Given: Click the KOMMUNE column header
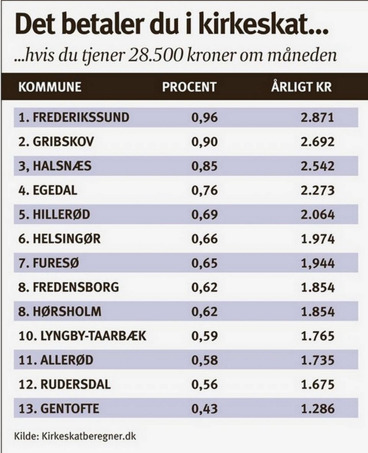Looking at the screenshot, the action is [50, 87].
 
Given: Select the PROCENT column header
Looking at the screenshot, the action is [189, 87].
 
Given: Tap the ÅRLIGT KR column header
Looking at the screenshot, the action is [301, 87].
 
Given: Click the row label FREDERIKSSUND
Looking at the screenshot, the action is [81, 117].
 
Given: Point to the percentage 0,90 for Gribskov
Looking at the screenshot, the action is [205, 142].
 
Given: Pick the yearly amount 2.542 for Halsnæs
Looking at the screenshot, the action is [318, 166].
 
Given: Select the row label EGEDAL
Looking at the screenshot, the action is [55, 190].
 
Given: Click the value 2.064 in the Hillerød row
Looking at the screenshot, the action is [318, 215].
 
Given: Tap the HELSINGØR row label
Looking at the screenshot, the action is [67, 239].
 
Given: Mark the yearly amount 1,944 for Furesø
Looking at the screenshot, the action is [318, 263].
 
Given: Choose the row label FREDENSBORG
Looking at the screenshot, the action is [76, 287].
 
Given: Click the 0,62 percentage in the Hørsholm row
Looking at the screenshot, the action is [205, 312].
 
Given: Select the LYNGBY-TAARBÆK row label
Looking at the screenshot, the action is [93, 336].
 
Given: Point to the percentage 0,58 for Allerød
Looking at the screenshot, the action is [205, 360].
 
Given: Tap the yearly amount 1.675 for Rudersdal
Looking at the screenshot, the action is [318, 384].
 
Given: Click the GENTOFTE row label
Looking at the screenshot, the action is [70, 409].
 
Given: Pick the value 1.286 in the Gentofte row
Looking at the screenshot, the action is [318, 409].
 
